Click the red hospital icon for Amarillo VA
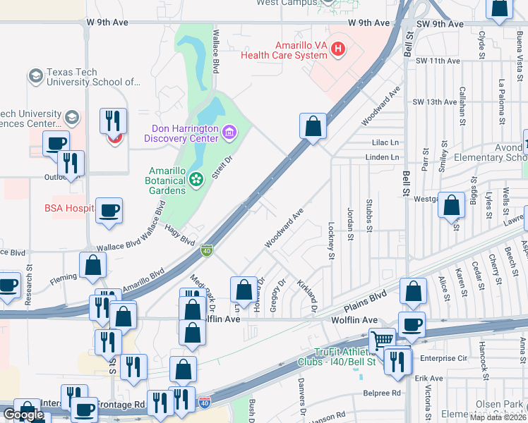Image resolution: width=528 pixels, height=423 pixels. coord(338,49)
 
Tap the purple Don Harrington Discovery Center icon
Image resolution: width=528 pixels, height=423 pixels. coord(229,132)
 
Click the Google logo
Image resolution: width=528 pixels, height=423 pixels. coord(23,415)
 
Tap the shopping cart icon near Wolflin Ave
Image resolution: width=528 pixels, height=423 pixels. coord(382,340)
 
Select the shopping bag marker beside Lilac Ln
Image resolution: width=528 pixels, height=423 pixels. coord(313,127)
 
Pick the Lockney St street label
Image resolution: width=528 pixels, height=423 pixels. coord(330,240)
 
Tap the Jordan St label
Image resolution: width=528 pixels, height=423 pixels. coord(349,223)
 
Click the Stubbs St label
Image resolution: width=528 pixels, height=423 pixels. coord(369,216)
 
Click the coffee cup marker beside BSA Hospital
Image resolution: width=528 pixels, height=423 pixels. coord(109,211)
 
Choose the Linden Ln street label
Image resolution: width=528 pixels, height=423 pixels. coord(383,157)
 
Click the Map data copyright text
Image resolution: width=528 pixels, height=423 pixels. coord(498,417)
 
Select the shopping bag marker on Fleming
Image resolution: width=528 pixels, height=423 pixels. coord(92,266)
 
